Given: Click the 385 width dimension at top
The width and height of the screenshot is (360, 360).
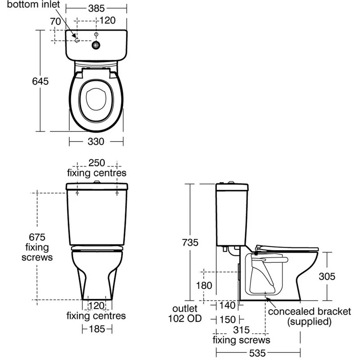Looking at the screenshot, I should click(96, 8).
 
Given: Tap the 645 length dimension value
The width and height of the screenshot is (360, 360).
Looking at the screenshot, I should click(40, 81).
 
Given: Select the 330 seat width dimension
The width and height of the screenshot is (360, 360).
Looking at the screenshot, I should click(96, 141).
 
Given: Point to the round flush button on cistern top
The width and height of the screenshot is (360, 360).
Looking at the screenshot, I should click(96, 45).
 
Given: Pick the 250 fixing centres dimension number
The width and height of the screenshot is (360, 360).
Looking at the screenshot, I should click(96, 163).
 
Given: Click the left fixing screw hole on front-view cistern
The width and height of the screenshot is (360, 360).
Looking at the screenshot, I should click(77, 193).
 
